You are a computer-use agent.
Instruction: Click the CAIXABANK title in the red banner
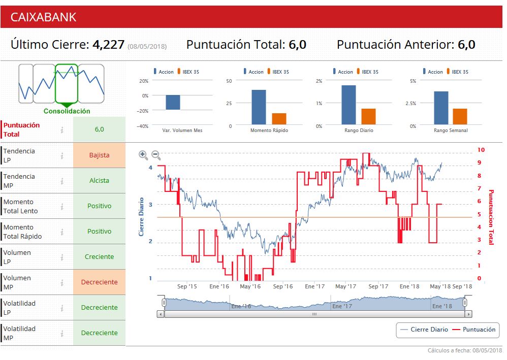[x=43, y=17]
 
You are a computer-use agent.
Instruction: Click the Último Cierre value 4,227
[x=108, y=45]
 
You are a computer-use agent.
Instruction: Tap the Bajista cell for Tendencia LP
[x=99, y=155]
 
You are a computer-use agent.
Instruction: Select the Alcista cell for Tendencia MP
[x=99, y=181]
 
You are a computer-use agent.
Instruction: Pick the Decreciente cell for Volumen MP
[x=99, y=282]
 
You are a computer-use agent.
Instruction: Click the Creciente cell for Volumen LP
[x=99, y=257]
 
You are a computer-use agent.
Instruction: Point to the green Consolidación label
[x=67, y=111]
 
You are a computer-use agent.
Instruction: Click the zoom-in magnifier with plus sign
[x=143, y=155]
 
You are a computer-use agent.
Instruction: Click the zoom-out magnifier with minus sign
[x=156, y=155]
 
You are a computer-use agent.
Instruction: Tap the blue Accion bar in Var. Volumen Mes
[x=173, y=103]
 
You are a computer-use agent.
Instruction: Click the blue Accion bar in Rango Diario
[x=348, y=105]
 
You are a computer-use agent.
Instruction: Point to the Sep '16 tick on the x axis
[x=283, y=286]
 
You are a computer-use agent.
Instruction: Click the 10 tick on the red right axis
[x=481, y=150]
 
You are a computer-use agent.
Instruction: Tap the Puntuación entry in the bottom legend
[x=479, y=330]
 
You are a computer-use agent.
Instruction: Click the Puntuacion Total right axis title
[x=491, y=217]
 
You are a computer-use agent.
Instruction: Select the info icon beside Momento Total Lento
[x=62, y=206]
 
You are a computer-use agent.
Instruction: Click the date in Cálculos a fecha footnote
[x=487, y=351]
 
